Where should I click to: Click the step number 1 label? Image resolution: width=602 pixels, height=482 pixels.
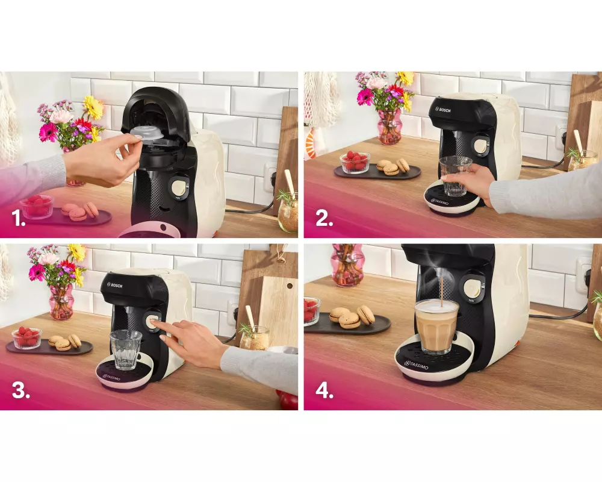click(x=19, y=219)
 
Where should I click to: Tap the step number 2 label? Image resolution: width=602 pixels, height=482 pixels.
click(x=324, y=219)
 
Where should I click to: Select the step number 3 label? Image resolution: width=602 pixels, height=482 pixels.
click(x=20, y=390)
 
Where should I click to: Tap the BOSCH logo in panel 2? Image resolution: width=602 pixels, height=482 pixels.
click(x=442, y=110)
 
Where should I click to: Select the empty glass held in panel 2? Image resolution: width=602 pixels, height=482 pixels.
click(x=455, y=176)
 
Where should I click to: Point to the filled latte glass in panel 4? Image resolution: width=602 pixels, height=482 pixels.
click(x=437, y=326)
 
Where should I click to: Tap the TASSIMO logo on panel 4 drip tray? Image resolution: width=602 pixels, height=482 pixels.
click(x=416, y=365)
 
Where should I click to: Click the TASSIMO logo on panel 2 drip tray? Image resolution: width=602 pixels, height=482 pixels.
click(x=439, y=202)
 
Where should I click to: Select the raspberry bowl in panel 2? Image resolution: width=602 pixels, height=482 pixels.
click(x=355, y=162)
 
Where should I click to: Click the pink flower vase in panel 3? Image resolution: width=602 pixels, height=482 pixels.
click(x=61, y=302)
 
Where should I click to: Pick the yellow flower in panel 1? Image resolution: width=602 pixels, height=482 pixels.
click(x=93, y=107)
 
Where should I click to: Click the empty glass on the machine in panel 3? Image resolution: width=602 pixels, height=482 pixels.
click(x=126, y=349)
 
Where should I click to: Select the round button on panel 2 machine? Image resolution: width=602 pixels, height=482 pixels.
click(x=480, y=146)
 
